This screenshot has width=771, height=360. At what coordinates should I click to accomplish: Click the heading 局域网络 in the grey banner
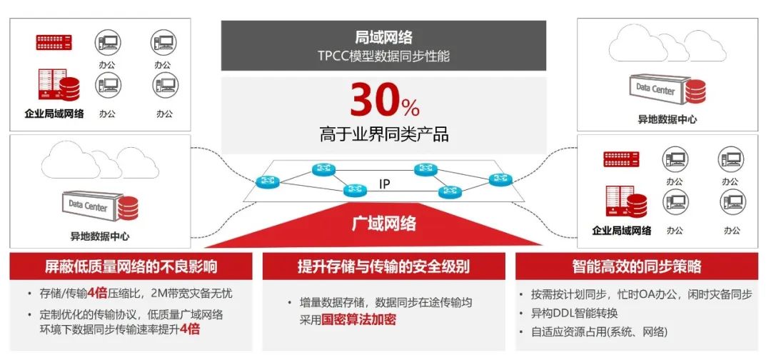[x=383, y=37]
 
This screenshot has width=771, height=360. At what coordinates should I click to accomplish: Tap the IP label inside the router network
[x=385, y=184]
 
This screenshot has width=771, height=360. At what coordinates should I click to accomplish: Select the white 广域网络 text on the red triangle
[x=384, y=224]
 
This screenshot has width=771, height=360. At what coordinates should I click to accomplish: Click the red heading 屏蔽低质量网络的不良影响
[x=131, y=266]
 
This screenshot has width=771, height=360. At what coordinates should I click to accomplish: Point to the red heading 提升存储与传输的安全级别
[x=383, y=266]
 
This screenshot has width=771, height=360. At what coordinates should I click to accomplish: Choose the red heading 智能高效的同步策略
[x=637, y=266]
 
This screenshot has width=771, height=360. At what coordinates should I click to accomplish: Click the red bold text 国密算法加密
[x=358, y=320]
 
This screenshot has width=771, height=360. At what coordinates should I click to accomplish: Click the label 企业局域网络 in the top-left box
[x=54, y=114]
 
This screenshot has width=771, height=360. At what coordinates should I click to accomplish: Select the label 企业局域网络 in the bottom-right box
[x=622, y=230]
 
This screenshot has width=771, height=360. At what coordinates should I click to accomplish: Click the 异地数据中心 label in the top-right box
[x=667, y=119]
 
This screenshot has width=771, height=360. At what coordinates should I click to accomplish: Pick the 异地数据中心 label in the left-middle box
[x=100, y=236]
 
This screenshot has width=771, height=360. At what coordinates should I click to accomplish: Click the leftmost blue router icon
[x=268, y=181]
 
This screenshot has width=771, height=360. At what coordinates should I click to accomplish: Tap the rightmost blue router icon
[x=500, y=179]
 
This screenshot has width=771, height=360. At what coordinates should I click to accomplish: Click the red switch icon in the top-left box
[x=54, y=42]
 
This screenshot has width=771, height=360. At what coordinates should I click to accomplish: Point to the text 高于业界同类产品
[x=383, y=134]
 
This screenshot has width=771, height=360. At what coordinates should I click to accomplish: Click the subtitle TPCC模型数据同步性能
[x=383, y=56]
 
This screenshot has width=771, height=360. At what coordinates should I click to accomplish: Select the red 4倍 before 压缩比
[x=97, y=294]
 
